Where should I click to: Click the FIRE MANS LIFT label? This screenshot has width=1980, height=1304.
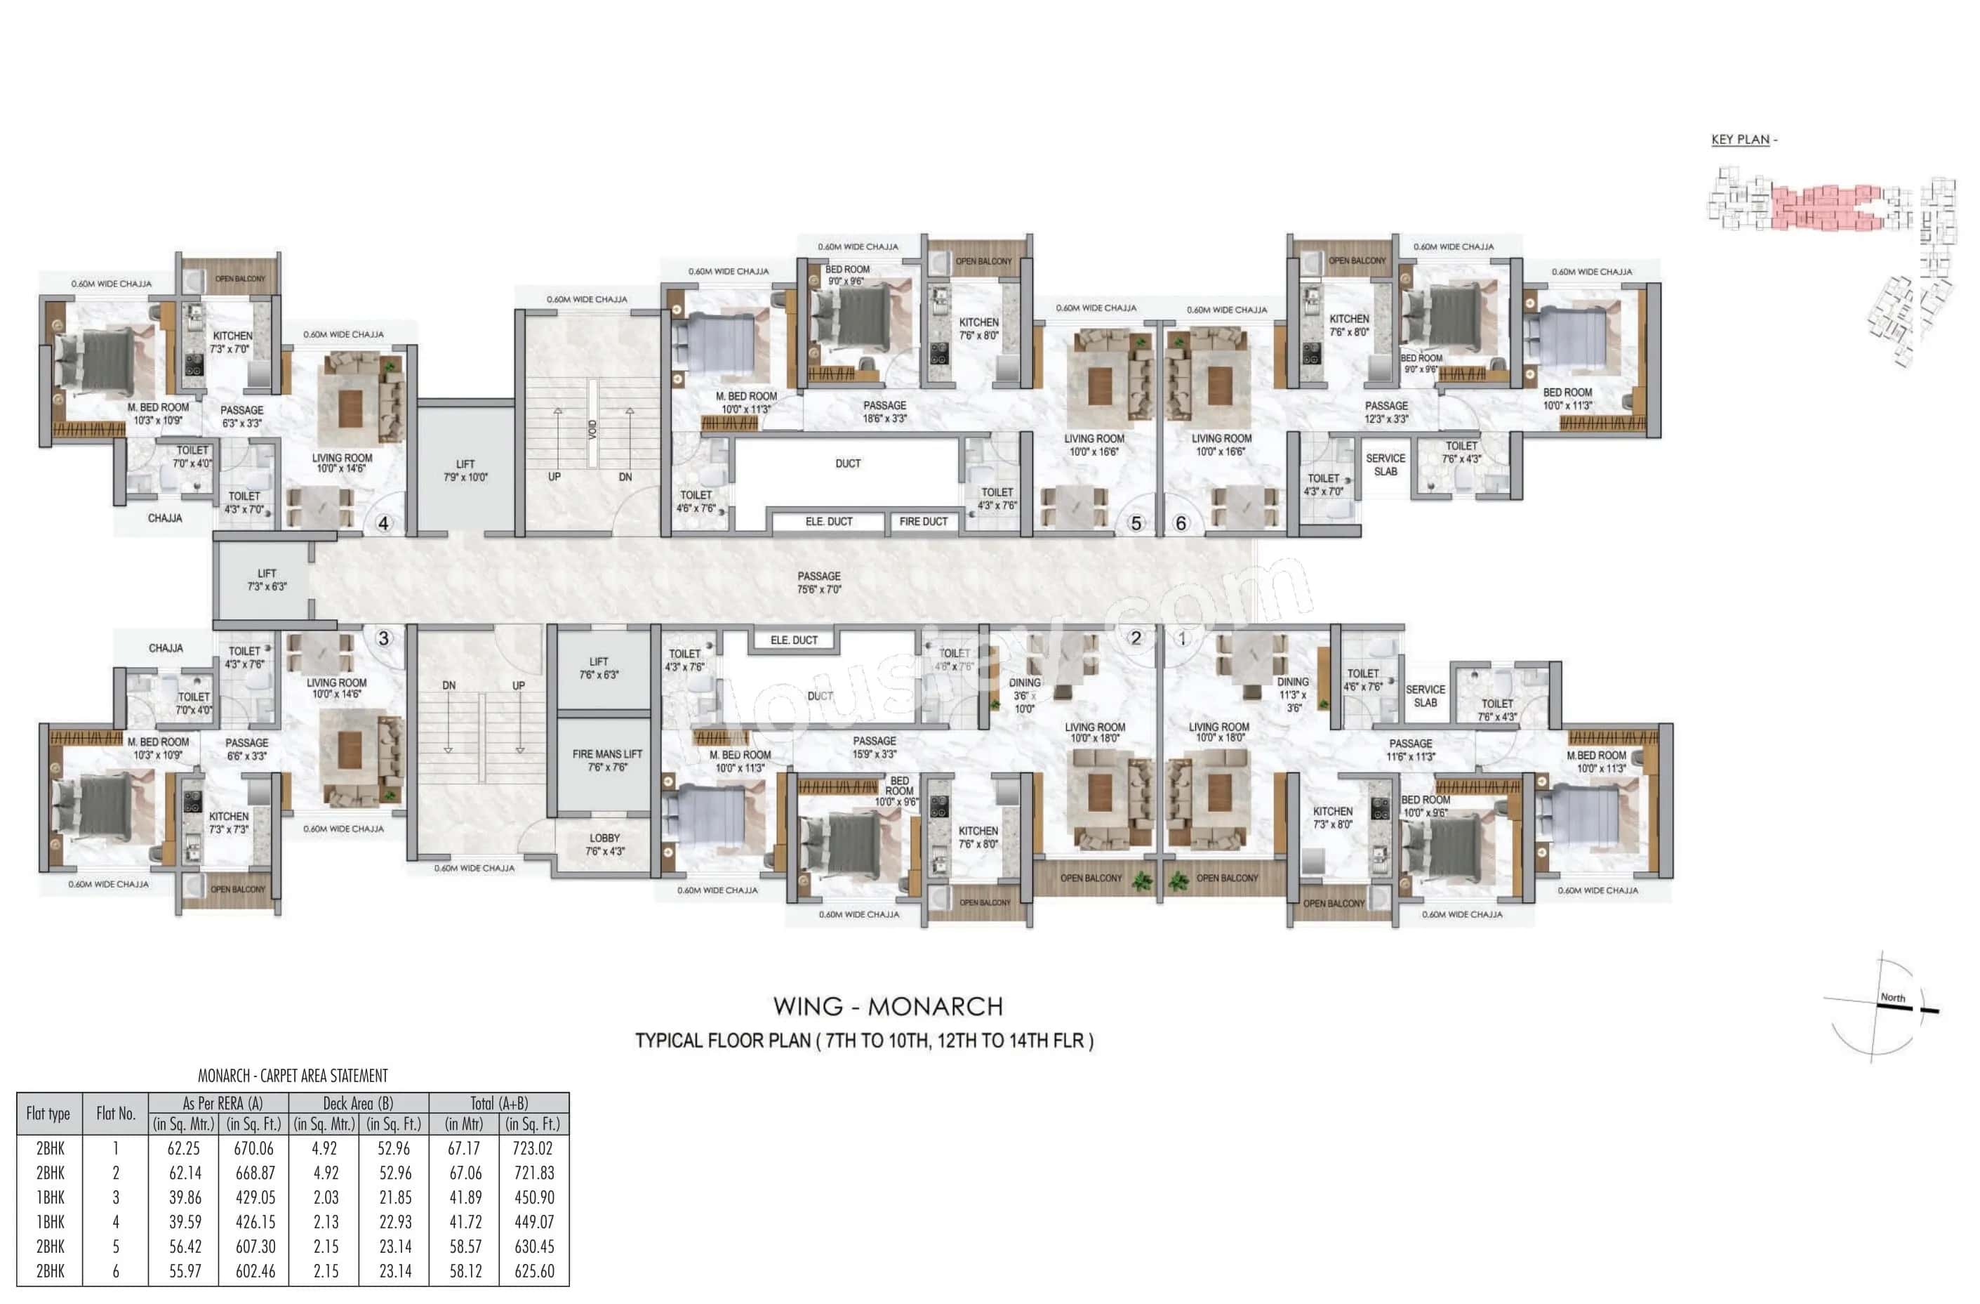click(x=606, y=760)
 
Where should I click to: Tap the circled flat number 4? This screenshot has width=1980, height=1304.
click(x=383, y=523)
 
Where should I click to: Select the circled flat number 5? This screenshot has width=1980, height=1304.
click(x=1136, y=523)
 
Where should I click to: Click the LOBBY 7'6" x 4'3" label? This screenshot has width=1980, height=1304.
click(x=604, y=844)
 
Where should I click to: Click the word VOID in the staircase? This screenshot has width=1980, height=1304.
click(x=592, y=430)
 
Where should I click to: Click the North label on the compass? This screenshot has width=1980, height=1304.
click(x=1893, y=997)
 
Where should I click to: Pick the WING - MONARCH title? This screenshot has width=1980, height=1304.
click(x=888, y=1006)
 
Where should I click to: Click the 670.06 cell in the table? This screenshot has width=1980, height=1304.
click(x=254, y=1148)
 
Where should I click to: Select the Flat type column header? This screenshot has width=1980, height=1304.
click(x=48, y=1114)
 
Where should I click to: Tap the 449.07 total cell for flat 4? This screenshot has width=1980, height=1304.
click(x=534, y=1222)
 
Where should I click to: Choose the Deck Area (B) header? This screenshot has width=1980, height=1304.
click(x=358, y=1102)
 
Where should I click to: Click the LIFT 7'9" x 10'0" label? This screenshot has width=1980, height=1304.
click(x=465, y=471)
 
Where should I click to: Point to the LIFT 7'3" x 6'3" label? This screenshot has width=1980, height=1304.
click(x=266, y=580)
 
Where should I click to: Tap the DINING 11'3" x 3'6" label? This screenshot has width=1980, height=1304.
click(x=1293, y=694)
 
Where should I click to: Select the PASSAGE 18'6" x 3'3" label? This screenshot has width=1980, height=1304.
click(x=884, y=412)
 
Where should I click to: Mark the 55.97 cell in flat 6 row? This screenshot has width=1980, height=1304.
click(x=183, y=1271)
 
